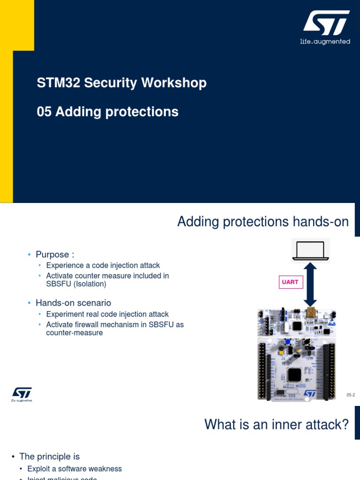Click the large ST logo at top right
point(326,23)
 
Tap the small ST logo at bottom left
point(22,393)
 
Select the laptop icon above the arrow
point(310,250)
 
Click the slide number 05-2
point(351,395)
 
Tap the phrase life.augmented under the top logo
point(325,42)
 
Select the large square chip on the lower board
point(294,375)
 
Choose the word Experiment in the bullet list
point(66,314)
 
